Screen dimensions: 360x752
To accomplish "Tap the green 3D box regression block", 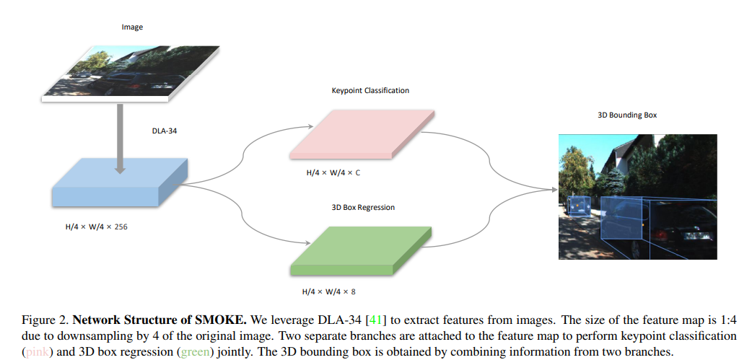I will [361, 250].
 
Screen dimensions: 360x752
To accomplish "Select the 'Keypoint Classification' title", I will [370, 90].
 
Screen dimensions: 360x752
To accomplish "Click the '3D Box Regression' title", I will [363, 207].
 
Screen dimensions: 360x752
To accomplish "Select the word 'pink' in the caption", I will [38, 351].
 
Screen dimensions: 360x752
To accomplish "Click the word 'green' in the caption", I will [195, 351].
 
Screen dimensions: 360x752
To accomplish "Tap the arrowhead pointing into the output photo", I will [554, 190].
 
